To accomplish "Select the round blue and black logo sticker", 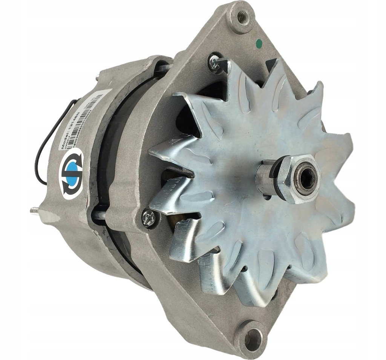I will click(71, 173).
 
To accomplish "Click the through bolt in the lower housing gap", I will click(99, 214).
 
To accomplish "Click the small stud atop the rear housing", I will click(97, 77).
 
